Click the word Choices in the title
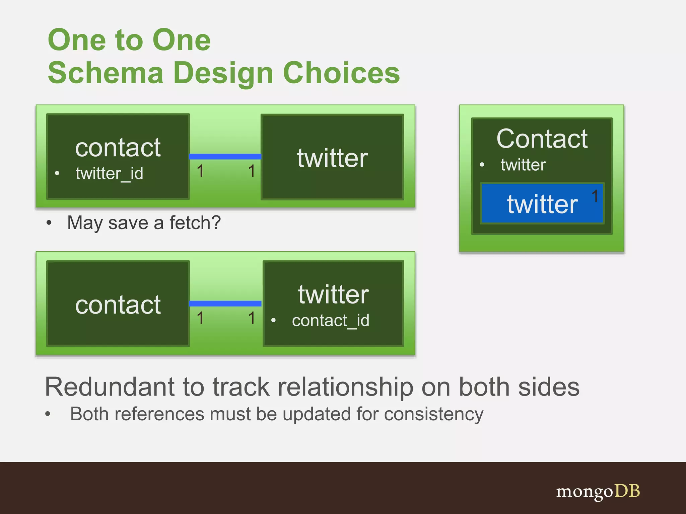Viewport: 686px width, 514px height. [x=341, y=73]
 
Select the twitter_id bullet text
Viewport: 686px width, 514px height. [x=109, y=173]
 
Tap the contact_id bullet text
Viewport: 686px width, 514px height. [x=330, y=321]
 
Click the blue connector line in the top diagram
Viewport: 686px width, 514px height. [x=225, y=156]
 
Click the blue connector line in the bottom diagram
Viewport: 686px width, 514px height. [x=225, y=304]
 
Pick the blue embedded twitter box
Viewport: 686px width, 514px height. [x=542, y=203]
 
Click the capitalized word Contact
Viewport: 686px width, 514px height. [x=542, y=139]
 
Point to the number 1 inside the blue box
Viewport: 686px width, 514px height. [x=595, y=196]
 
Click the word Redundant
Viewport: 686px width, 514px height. [x=110, y=387]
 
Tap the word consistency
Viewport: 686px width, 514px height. [x=433, y=414]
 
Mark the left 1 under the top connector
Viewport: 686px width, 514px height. [x=200, y=171]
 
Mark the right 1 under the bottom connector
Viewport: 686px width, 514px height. [x=252, y=318]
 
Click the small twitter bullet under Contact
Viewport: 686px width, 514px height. [x=523, y=165]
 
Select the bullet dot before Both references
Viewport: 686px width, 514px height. [x=48, y=414]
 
